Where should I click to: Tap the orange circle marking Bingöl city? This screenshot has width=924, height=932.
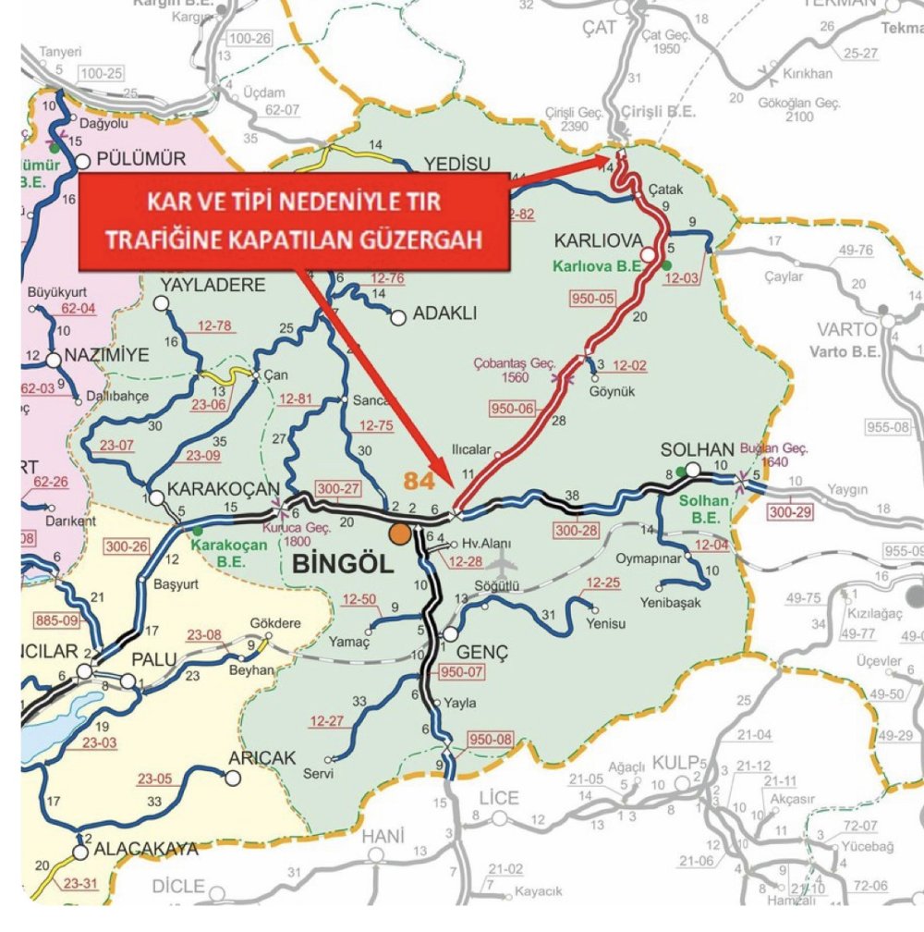[400, 534]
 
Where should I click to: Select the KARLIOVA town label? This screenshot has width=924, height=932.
[597, 241]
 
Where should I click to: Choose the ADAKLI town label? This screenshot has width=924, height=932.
[444, 313]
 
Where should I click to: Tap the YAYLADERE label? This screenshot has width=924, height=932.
[213, 284]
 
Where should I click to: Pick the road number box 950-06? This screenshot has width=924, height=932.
[515, 408]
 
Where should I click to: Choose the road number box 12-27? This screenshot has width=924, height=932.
[328, 720]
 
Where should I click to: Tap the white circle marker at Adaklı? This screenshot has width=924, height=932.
[398, 318]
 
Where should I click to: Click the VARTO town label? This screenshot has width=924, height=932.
[845, 330]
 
